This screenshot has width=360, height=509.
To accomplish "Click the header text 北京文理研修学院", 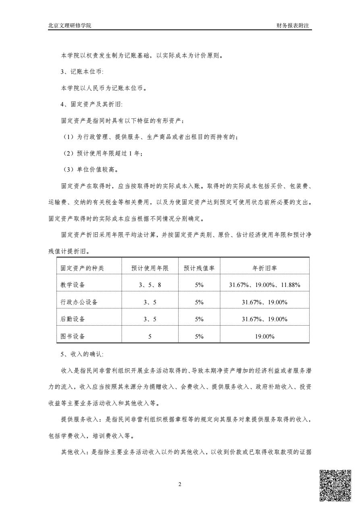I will [x=70, y=25].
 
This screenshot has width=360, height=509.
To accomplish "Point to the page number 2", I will [x=180, y=484].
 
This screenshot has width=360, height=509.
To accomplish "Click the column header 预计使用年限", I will [x=150, y=268].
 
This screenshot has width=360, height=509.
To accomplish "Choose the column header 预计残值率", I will [x=199, y=268].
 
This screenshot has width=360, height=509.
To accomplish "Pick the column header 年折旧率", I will [x=264, y=268].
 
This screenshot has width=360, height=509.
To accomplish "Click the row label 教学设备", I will [x=73, y=285].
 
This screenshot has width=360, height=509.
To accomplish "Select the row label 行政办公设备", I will [x=79, y=302].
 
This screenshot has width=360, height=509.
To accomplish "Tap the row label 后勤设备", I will [x=73, y=319].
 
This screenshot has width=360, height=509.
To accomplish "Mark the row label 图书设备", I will [x=73, y=336].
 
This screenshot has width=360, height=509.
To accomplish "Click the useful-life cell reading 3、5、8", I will [x=150, y=285].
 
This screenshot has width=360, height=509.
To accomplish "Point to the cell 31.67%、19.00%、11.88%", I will [x=264, y=285].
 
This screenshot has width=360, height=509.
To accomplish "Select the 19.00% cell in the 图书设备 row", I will [x=264, y=336].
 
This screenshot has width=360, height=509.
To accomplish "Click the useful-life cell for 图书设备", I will [x=150, y=336].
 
